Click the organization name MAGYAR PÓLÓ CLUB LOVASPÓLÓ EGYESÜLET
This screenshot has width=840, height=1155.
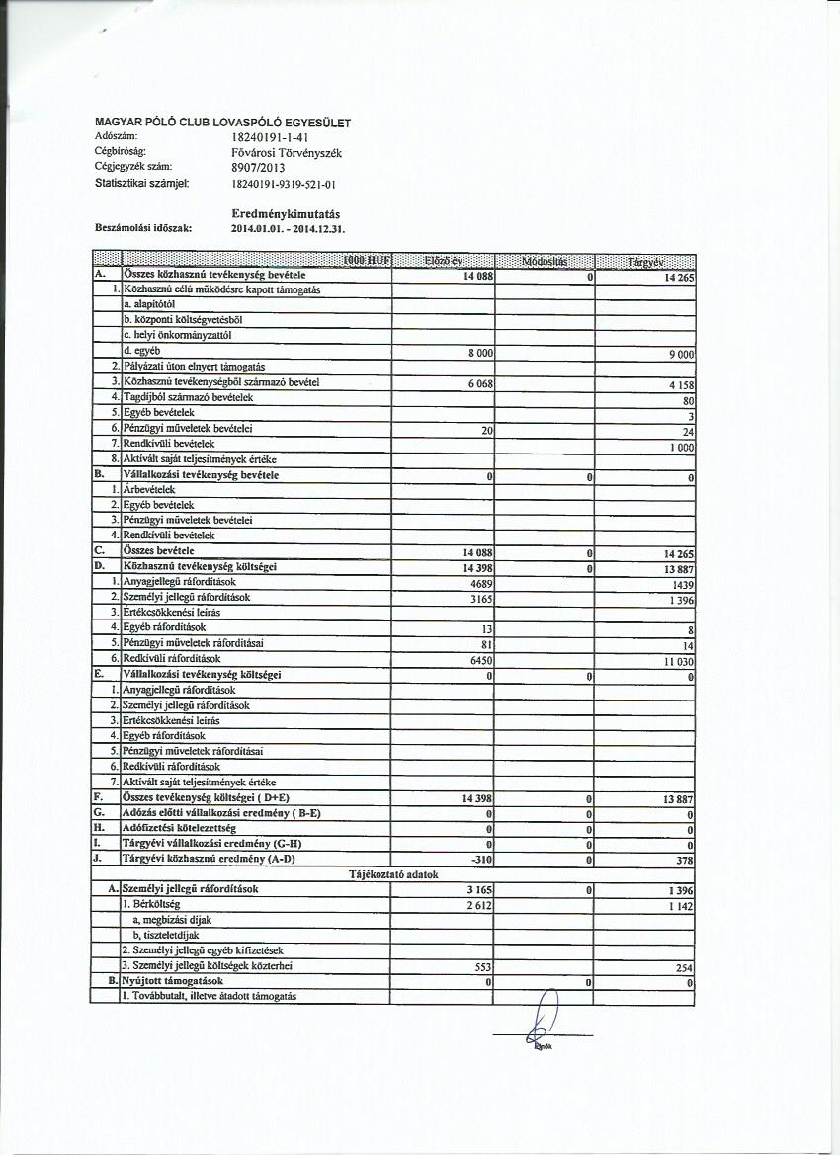[222, 123]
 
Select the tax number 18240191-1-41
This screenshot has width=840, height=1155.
[270, 137]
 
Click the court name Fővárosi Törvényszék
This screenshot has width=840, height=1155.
[286, 153]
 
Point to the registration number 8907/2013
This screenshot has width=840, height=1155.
[258, 168]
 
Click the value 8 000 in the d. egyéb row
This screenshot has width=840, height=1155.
[478, 352]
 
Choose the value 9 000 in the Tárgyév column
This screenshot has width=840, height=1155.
[680, 353]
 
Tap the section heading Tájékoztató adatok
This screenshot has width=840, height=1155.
[395, 874]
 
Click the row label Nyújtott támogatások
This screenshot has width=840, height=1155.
[172, 981]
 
